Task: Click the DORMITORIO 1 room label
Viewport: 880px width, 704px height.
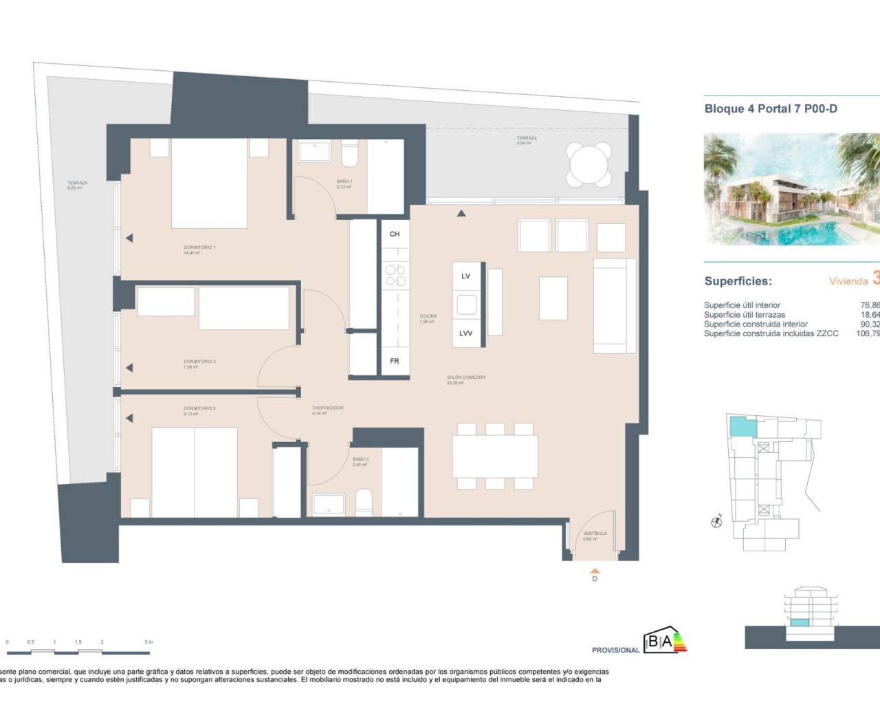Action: (199, 247)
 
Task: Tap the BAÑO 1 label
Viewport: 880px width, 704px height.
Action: (344, 182)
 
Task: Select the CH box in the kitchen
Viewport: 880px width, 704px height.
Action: (395, 234)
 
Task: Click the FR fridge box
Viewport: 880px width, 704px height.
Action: (395, 361)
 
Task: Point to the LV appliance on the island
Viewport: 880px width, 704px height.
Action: (465, 276)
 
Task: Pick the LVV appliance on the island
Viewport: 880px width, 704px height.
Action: (465, 333)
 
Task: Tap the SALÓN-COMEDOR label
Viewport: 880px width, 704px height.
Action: (465, 377)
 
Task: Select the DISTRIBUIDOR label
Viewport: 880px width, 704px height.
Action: (327, 408)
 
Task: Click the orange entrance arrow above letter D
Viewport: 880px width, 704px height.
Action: (595, 570)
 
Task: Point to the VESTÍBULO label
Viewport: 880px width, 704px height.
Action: (595, 533)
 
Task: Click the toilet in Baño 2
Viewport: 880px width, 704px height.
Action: (363, 502)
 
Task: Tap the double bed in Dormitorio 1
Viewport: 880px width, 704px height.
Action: (208, 183)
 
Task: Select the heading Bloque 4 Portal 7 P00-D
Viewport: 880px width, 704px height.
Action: (771, 109)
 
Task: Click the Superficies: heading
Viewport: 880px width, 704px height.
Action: (738, 281)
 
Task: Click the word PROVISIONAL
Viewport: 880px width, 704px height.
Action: (615, 650)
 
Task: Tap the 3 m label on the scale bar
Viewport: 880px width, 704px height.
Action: (148, 642)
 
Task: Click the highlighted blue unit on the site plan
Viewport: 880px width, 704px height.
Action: (742, 427)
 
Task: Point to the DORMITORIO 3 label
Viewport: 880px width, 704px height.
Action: (199, 362)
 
